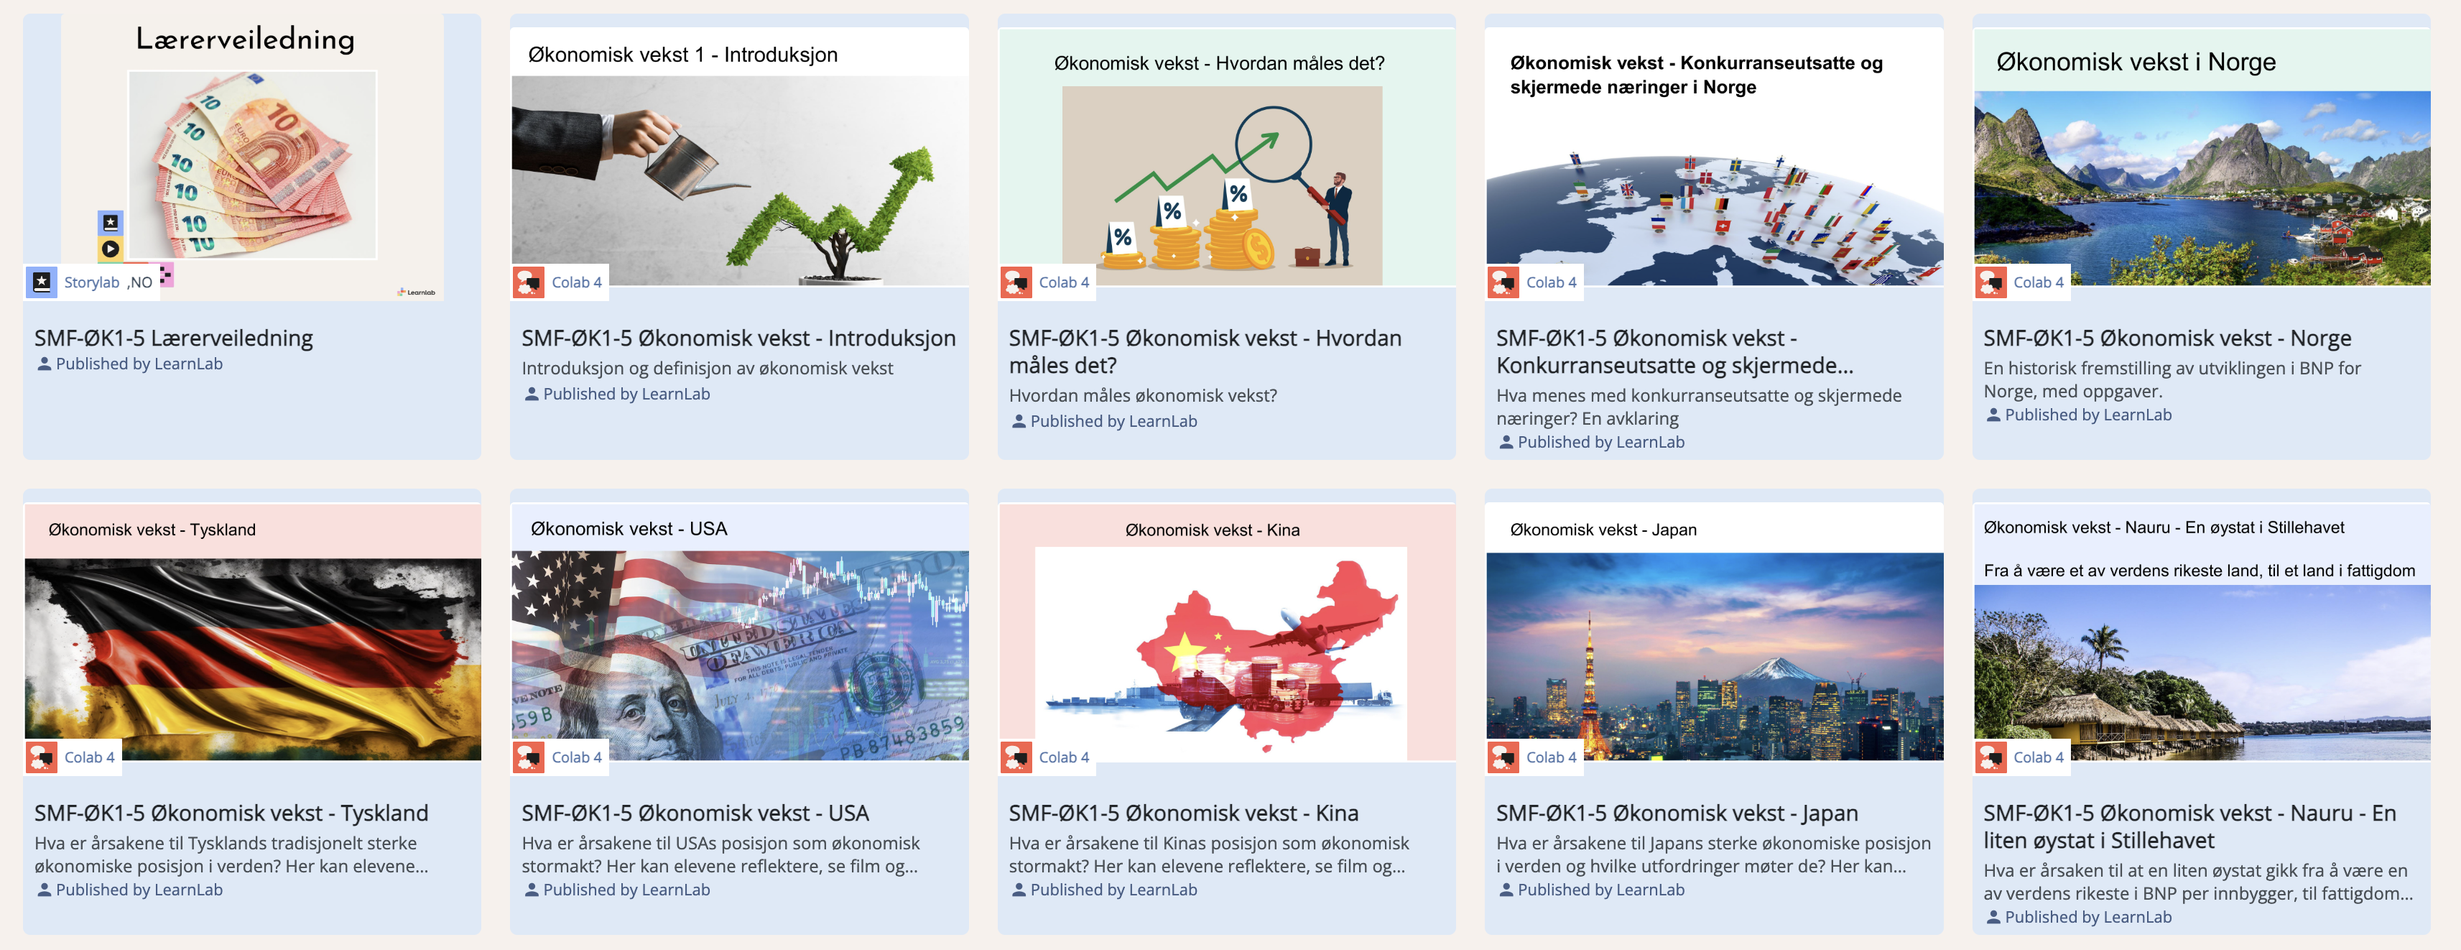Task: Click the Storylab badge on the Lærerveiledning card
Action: point(90,282)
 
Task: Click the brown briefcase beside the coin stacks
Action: point(1306,256)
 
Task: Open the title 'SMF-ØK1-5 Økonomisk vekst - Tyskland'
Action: point(231,813)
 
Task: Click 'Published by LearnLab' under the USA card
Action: point(626,890)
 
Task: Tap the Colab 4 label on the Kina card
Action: point(1063,757)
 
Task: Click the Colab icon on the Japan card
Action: point(1503,757)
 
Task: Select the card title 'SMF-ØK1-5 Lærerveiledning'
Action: point(174,338)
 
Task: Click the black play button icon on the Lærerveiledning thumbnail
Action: point(111,249)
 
